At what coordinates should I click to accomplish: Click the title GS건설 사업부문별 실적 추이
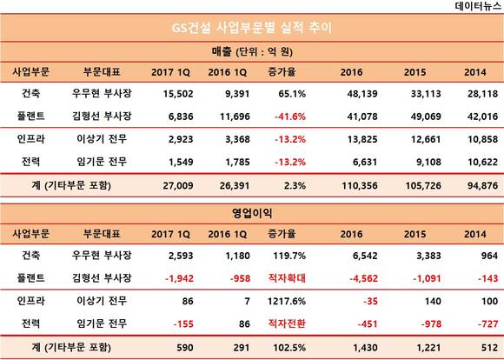tap(252, 28)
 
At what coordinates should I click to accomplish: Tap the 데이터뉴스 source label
tap(478, 6)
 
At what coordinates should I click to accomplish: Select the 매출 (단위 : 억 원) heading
tap(252, 52)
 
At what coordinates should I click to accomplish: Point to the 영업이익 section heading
tap(252, 213)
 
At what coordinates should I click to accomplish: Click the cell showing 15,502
tap(178, 94)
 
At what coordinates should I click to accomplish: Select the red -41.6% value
tap(290, 117)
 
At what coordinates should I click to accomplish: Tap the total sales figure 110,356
tap(360, 185)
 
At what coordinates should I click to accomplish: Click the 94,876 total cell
tap(482, 185)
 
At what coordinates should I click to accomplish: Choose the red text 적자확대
tap(287, 278)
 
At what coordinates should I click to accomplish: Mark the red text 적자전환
tap(287, 323)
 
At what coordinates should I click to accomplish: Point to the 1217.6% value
tap(287, 301)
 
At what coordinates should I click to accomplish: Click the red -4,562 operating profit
tap(363, 278)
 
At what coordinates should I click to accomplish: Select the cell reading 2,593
tap(181, 256)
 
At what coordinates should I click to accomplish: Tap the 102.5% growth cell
tap(289, 348)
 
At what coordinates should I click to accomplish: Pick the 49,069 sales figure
tap(426, 117)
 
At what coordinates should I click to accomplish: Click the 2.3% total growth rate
tap(295, 185)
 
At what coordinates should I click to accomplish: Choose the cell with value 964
tap(489, 256)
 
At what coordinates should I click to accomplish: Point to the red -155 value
tap(183, 323)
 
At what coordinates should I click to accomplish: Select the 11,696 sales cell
tap(235, 117)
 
